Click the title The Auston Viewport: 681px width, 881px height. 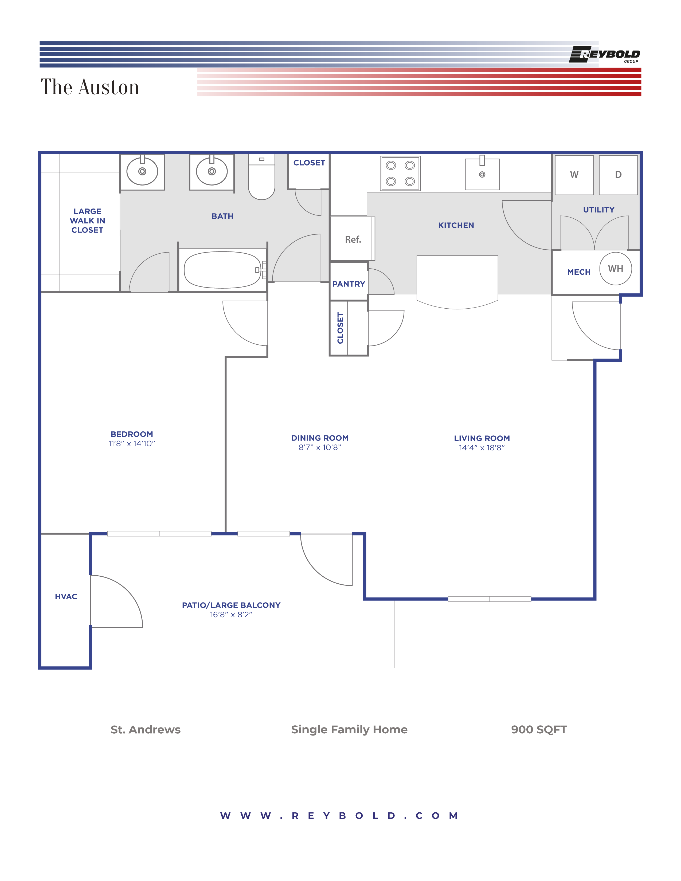point(90,87)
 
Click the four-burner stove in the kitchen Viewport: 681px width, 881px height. point(400,174)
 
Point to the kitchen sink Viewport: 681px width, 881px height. point(482,174)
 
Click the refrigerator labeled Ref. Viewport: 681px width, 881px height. point(352,239)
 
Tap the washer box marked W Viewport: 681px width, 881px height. point(574,175)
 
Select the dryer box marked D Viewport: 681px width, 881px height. point(618,175)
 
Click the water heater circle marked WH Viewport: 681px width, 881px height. point(615,269)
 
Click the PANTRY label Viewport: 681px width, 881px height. point(349,284)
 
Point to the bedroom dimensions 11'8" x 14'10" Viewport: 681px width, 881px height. point(131,444)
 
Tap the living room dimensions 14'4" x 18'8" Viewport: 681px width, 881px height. point(482,448)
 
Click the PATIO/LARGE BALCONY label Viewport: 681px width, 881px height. point(231,605)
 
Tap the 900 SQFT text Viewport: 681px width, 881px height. point(539,729)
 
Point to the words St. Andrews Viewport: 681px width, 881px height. point(146,729)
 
